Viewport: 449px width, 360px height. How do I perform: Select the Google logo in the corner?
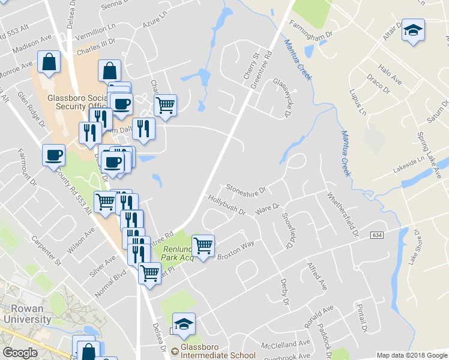pyautogui.click(x=20, y=353)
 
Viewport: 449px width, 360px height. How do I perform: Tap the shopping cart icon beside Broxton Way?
pyautogui.click(x=203, y=245)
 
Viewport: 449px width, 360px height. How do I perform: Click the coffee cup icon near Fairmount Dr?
pyautogui.click(x=53, y=155)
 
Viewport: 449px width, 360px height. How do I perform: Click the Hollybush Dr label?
pyautogui.click(x=226, y=205)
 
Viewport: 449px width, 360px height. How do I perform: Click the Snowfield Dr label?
pyautogui.click(x=289, y=231)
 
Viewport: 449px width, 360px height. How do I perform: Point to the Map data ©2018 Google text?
pyautogui.click(x=412, y=355)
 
